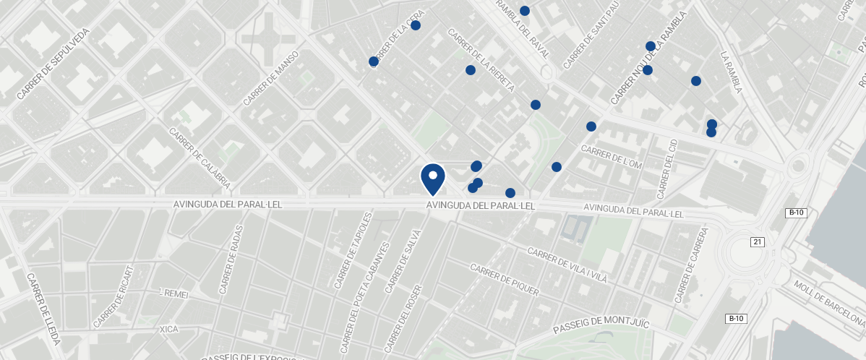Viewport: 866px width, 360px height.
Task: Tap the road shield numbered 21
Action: click(x=757, y=241)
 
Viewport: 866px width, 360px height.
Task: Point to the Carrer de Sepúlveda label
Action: click(x=53, y=64)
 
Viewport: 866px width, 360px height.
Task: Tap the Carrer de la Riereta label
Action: click(x=481, y=61)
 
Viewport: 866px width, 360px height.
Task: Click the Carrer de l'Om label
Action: click(x=612, y=158)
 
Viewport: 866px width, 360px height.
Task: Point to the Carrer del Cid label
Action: click(x=667, y=169)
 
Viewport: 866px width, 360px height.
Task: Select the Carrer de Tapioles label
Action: click(x=353, y=250)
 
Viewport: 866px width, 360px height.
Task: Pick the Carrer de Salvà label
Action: click(x=403, y=261)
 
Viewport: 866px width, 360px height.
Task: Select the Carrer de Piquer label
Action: click(x=505, y=279)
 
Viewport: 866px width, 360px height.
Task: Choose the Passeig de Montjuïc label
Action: click(x=601, y=325)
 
